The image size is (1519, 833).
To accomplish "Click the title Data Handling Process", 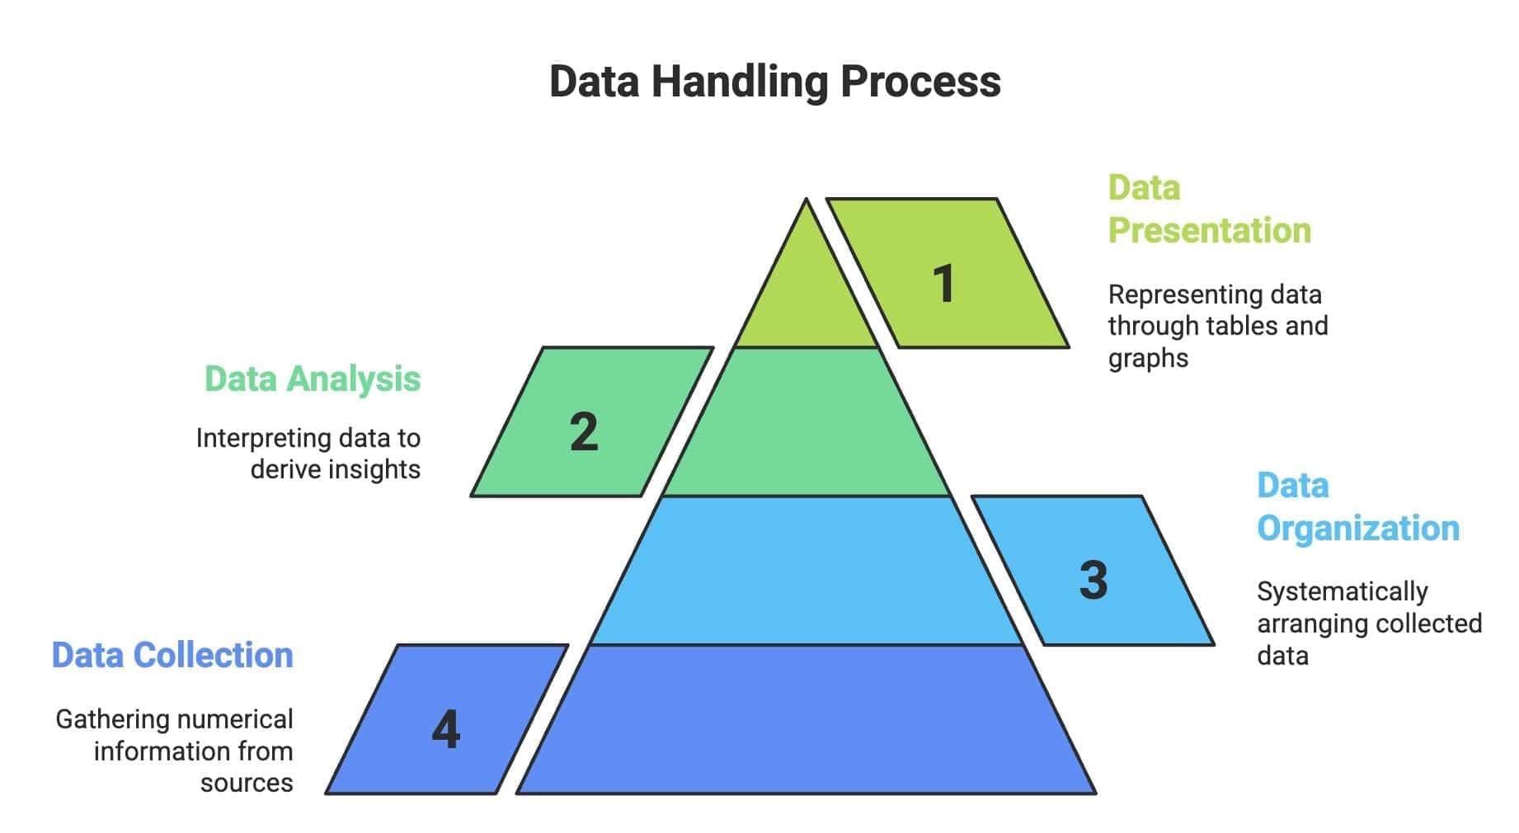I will point(774,82).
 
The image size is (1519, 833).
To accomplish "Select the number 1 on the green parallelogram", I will point(944,284).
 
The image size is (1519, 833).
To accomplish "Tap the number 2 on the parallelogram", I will point(584,431).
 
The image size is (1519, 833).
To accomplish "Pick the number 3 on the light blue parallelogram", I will point(1093,580).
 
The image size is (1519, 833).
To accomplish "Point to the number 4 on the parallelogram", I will point(446,729).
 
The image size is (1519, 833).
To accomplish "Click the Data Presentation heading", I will point(1208,209).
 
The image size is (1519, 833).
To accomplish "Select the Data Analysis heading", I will point(313,379).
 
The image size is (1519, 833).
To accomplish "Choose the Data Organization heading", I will point(1357,507).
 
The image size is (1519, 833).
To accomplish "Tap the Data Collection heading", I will point(172,656).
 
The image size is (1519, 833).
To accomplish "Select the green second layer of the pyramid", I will point(807,422).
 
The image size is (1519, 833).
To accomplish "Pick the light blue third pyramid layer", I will point(807,571).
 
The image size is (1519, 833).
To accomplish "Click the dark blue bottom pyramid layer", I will point(807,720).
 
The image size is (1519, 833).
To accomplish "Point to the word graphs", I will point(1148,359).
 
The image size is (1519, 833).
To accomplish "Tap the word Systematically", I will point(1342,592).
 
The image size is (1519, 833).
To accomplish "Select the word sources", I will point(247,783).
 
